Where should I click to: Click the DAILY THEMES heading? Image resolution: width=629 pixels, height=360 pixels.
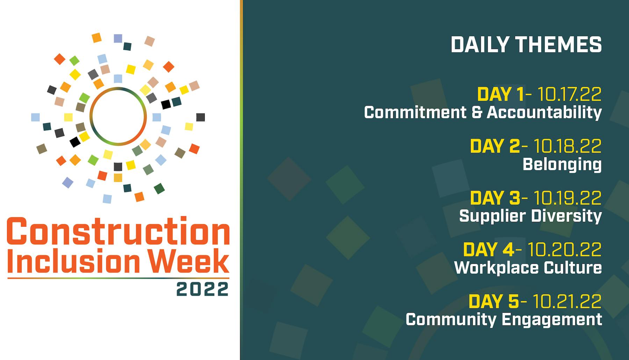[526, 44]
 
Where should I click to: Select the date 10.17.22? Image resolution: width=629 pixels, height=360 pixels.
[569, 94]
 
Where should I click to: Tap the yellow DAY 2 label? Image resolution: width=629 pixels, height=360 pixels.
[494, 146]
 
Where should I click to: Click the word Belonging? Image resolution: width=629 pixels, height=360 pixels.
[562, 164]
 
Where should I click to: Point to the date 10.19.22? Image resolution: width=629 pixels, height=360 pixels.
[567, 198]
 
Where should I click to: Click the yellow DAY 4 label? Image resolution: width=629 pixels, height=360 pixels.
[488, 250]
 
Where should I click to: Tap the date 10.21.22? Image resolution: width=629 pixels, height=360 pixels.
[567, 302]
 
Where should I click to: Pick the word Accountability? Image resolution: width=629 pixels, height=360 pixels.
[544, 112]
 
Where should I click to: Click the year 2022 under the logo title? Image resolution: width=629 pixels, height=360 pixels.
[202, 290]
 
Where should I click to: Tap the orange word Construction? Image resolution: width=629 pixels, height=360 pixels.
[118, 231]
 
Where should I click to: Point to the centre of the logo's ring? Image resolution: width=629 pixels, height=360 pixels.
[118, 116]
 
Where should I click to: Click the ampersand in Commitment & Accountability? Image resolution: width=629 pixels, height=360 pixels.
[476, 112]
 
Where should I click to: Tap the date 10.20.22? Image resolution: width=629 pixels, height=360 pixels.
[564, 250]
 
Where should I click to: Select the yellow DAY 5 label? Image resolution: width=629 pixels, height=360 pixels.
[494, 302]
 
